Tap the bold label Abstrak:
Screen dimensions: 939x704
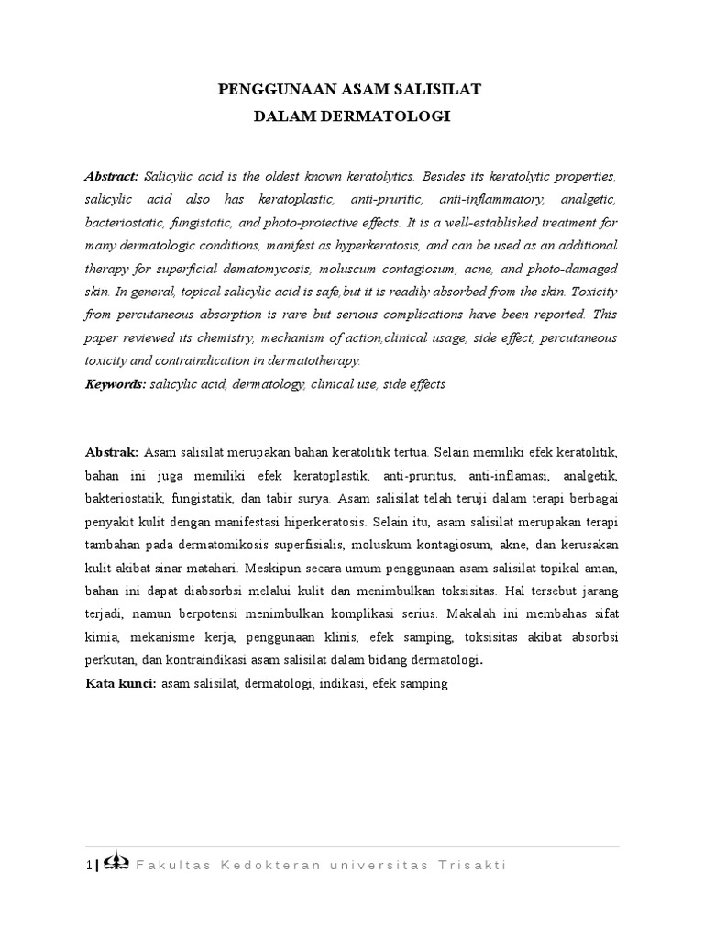(x=112, y=453)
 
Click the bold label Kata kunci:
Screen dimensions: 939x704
(x=120, y=683)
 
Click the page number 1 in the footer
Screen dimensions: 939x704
(x=88, y=865)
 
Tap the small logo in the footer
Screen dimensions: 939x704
(x=115, y=863)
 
